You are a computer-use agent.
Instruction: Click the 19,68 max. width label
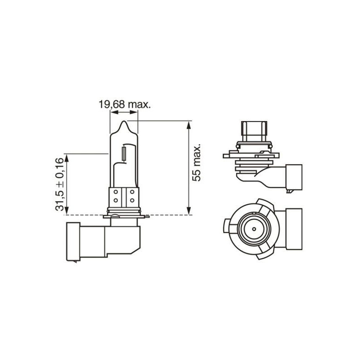(125, 104)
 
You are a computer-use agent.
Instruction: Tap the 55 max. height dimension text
(197, 163)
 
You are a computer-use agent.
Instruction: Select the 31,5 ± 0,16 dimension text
(59, 185)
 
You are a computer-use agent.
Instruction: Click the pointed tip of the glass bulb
(124, 122)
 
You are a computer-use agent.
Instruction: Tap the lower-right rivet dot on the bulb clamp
(132, 199)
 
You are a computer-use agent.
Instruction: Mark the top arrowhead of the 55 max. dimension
(189, 124)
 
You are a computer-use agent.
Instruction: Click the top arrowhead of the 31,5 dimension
(67, 157)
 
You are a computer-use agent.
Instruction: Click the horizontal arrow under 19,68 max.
(124, 113)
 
